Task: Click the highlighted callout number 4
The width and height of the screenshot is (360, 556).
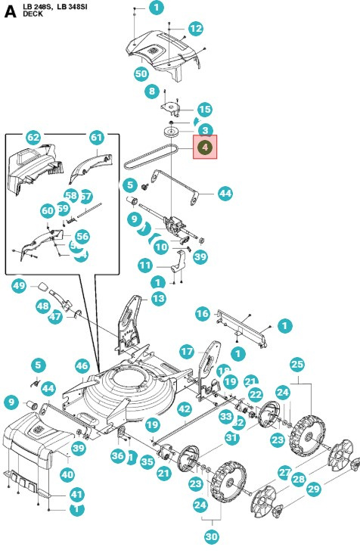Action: pos(205,148)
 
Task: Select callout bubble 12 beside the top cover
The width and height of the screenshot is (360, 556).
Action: pos(196,29)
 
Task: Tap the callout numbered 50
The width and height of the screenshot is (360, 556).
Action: pos(141,74)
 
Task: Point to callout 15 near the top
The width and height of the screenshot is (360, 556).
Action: pos(204,110)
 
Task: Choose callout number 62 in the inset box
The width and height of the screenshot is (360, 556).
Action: pos(33,138)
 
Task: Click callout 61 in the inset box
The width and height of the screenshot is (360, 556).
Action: pos(96,138)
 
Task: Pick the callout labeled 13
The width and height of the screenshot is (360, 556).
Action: pos(157,299)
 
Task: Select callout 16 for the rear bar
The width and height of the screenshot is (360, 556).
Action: pos(202,313)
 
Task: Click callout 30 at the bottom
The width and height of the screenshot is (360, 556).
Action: pos(211,538)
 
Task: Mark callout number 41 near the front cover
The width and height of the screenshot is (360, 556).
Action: pos(77,494)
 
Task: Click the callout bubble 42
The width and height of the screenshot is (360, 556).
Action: pos(185,408)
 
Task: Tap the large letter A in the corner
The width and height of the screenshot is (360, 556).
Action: pos(10,11)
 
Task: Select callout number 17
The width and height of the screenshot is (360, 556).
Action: pos(187,351)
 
